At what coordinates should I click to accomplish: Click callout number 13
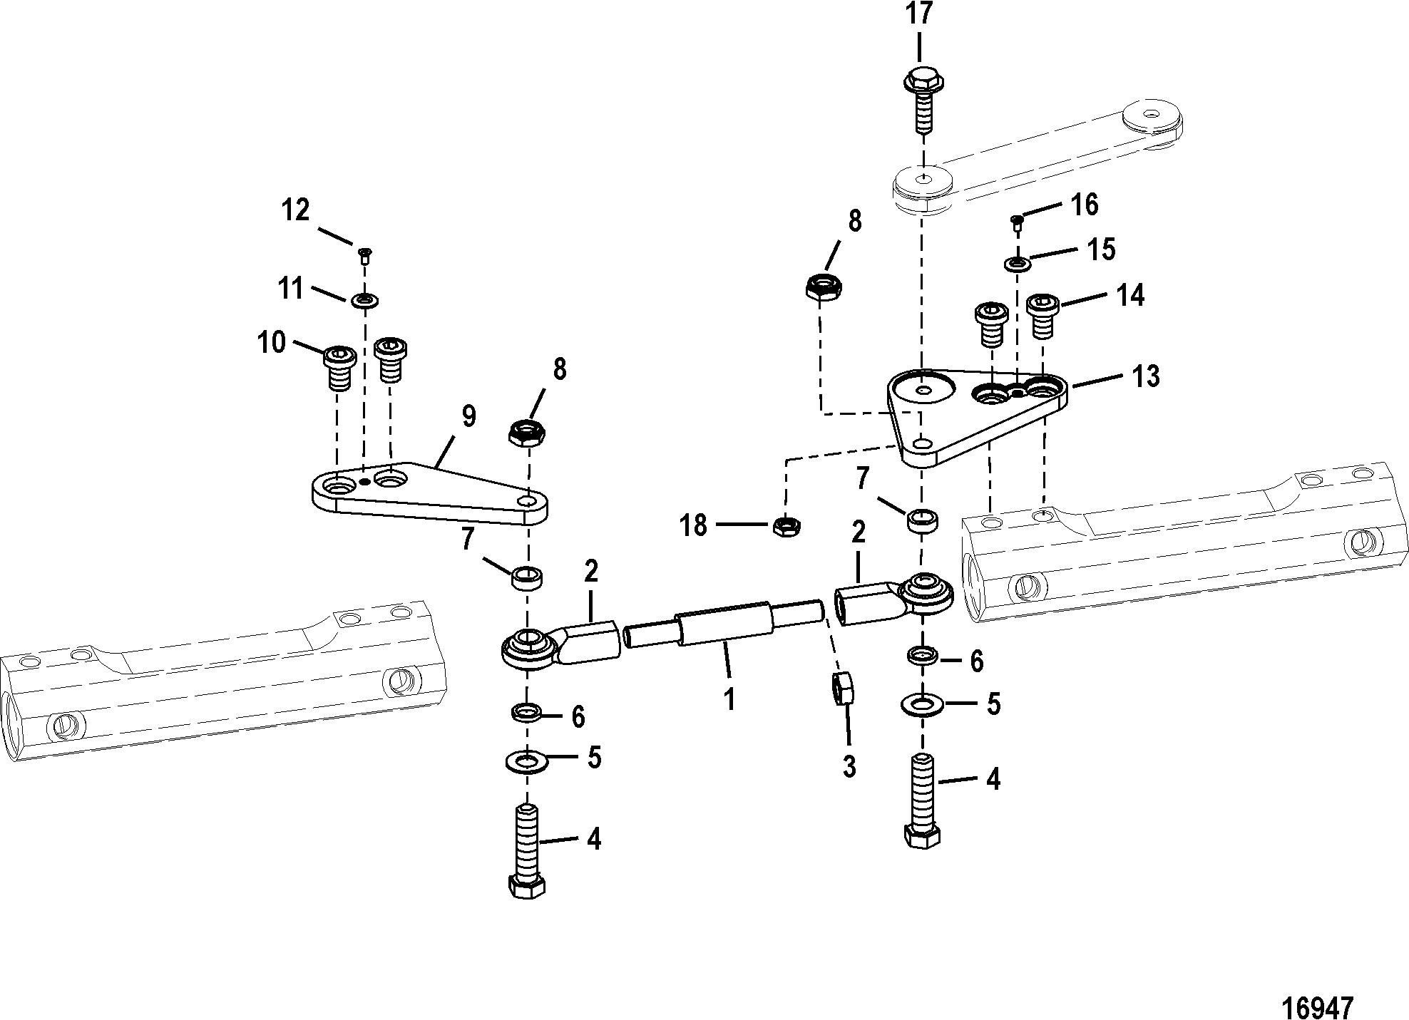1145,376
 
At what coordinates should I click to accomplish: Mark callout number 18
692,526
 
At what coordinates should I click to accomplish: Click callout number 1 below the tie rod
729,699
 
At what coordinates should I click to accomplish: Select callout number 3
849,767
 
